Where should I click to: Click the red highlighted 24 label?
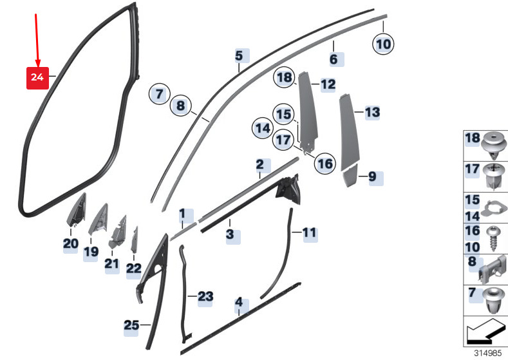coord(37,77)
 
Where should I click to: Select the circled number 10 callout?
coord(383,44)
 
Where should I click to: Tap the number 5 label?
coord(239,56)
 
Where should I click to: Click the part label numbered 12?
coord(328,84)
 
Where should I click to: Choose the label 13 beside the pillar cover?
coord(372,113)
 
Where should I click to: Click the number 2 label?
coord(259,165)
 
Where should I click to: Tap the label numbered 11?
coord(310,232)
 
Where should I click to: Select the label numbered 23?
coord(204,296)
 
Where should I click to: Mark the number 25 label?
coord(131,326)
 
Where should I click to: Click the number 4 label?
coord(239,301)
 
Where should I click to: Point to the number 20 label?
coord(70,243)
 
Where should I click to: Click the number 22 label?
coord(133,269)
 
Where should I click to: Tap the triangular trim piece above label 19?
coord(98,220)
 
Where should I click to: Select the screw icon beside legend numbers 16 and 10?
coord(495,238)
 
